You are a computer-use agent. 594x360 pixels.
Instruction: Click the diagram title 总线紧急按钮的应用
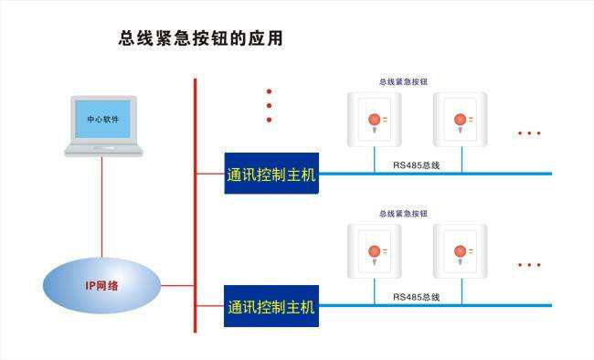(201, 38)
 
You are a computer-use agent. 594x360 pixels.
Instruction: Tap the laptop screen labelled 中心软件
(102, 119)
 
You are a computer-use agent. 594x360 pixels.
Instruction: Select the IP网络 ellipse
(102, 285)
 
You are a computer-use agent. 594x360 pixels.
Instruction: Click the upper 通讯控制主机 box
(271, 174)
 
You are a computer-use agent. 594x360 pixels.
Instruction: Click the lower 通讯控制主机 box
(271, 306)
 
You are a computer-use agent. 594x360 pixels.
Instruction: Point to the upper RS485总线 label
(416, 165)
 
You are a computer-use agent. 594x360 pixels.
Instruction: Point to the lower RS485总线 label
(416, 297)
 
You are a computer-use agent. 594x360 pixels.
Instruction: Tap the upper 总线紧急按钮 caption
(403, 82)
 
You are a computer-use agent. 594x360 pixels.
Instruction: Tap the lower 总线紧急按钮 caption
(403, 214)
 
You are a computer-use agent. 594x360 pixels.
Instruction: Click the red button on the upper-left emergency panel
(374, 120)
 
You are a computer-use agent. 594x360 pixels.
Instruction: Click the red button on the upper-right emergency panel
(460, 120)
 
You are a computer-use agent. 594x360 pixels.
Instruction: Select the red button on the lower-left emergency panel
(374, 251)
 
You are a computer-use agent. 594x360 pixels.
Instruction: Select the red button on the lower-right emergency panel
(460, 251)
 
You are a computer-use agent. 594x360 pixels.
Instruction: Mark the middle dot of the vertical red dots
(269, 106)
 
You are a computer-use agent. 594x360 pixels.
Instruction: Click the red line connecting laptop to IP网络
(102, 207)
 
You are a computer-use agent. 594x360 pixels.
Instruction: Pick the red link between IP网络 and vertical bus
(177, 285)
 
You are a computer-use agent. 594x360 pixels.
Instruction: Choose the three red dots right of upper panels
(529, 133)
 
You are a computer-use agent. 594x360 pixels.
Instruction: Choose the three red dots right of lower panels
(529, 265)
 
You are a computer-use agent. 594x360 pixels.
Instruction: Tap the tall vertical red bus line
(196, 206)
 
